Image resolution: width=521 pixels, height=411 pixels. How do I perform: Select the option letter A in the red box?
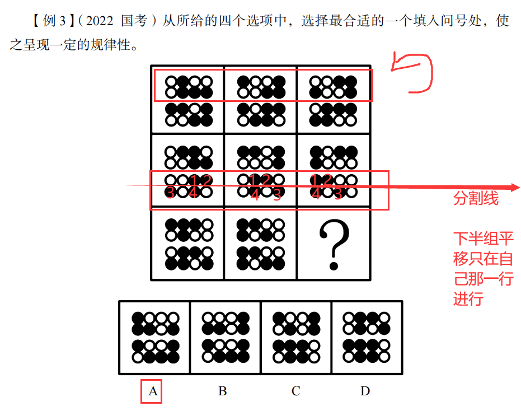[153, 391]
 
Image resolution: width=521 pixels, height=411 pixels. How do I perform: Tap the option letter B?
[222, 391]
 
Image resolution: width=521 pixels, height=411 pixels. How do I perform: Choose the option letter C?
[295, 391]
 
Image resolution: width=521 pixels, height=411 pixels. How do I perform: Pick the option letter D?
[365, 391]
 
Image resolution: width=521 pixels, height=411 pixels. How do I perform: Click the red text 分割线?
[476, 199]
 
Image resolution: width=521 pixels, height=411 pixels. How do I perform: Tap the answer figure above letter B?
[226, 338]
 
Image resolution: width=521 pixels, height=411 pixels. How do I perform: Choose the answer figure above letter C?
[296, 338]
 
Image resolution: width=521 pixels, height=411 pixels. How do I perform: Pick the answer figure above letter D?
[367, 338]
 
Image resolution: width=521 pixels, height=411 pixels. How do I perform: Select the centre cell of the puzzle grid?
[260, 171]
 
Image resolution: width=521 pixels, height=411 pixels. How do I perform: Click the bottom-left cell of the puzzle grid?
[187, 245]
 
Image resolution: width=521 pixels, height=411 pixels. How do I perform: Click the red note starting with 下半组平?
[483, 269]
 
